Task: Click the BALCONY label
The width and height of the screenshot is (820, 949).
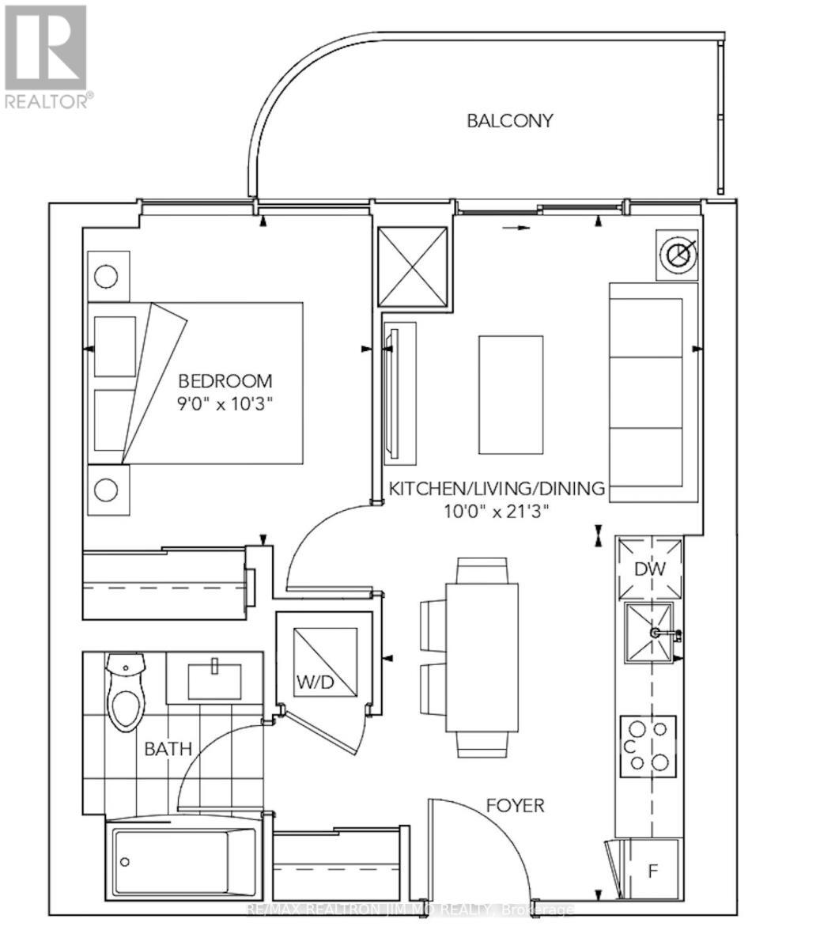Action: pos(509,121)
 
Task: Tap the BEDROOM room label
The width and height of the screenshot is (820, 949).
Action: pos(225,380)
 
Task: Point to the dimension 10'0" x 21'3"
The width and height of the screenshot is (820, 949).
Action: pos(496,511)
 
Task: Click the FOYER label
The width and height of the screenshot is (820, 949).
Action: pos(515,806)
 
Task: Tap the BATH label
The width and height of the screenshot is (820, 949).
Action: pos(168,748)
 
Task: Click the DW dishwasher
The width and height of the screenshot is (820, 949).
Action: pos(649,568)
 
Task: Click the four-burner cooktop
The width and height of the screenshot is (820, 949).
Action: pos(648,744)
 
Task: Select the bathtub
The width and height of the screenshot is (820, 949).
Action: pos(179,860)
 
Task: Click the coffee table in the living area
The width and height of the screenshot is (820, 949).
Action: pos(511,394)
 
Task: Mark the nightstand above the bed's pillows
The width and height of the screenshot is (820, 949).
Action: pos(107,277)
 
